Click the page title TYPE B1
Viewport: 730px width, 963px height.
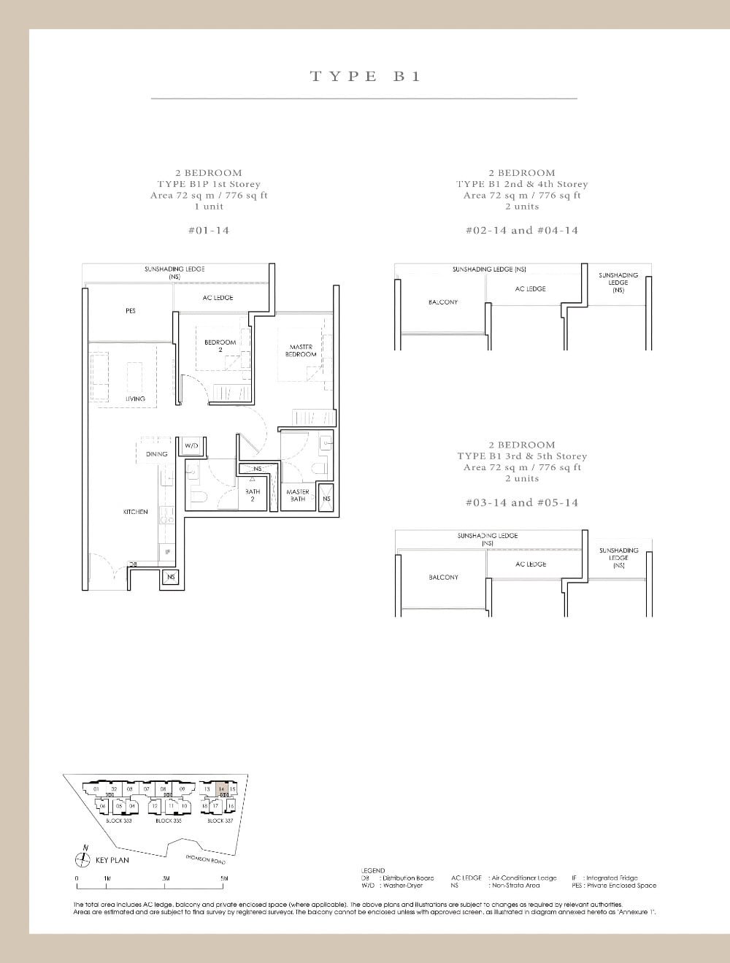[366, 76]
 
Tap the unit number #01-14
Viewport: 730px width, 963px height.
[208, 230]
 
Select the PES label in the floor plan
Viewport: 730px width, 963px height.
[131, 311]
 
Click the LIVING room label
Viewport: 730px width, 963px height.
[135, 399]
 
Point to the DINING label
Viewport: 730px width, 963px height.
[156, 454]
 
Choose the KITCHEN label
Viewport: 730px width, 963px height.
[136, 512]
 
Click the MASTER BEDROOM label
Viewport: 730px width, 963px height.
[301, 350]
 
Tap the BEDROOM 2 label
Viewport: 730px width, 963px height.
[220, 345]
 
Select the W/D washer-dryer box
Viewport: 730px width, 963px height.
[191, 445]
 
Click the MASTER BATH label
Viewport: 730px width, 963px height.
[297, 495]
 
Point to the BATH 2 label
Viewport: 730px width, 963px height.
[253, 495]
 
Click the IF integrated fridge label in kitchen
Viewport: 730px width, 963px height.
[167, 552]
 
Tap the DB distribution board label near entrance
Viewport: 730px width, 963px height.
[133, 564]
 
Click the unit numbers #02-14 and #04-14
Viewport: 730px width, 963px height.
[522, 230]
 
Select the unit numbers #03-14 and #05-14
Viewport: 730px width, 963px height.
[522, 502]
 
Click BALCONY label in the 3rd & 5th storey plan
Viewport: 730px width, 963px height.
[443, 578]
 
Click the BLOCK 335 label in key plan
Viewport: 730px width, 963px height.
[168, 821]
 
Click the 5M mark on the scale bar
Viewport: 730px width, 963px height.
[224, 878]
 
